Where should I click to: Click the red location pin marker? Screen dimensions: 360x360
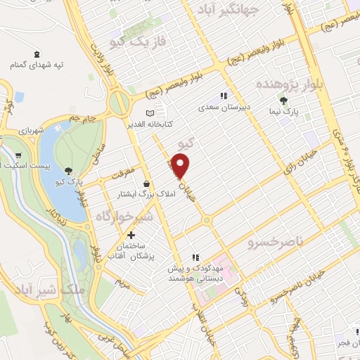(x=181, y=166)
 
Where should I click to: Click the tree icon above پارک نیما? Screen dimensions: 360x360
(x=283, y=101)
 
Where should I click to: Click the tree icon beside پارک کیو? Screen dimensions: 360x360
(x=68, y=171)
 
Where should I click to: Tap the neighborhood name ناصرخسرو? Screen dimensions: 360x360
(x=273, y=243)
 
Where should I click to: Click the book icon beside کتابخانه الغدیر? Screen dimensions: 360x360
(x=149, y=113)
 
